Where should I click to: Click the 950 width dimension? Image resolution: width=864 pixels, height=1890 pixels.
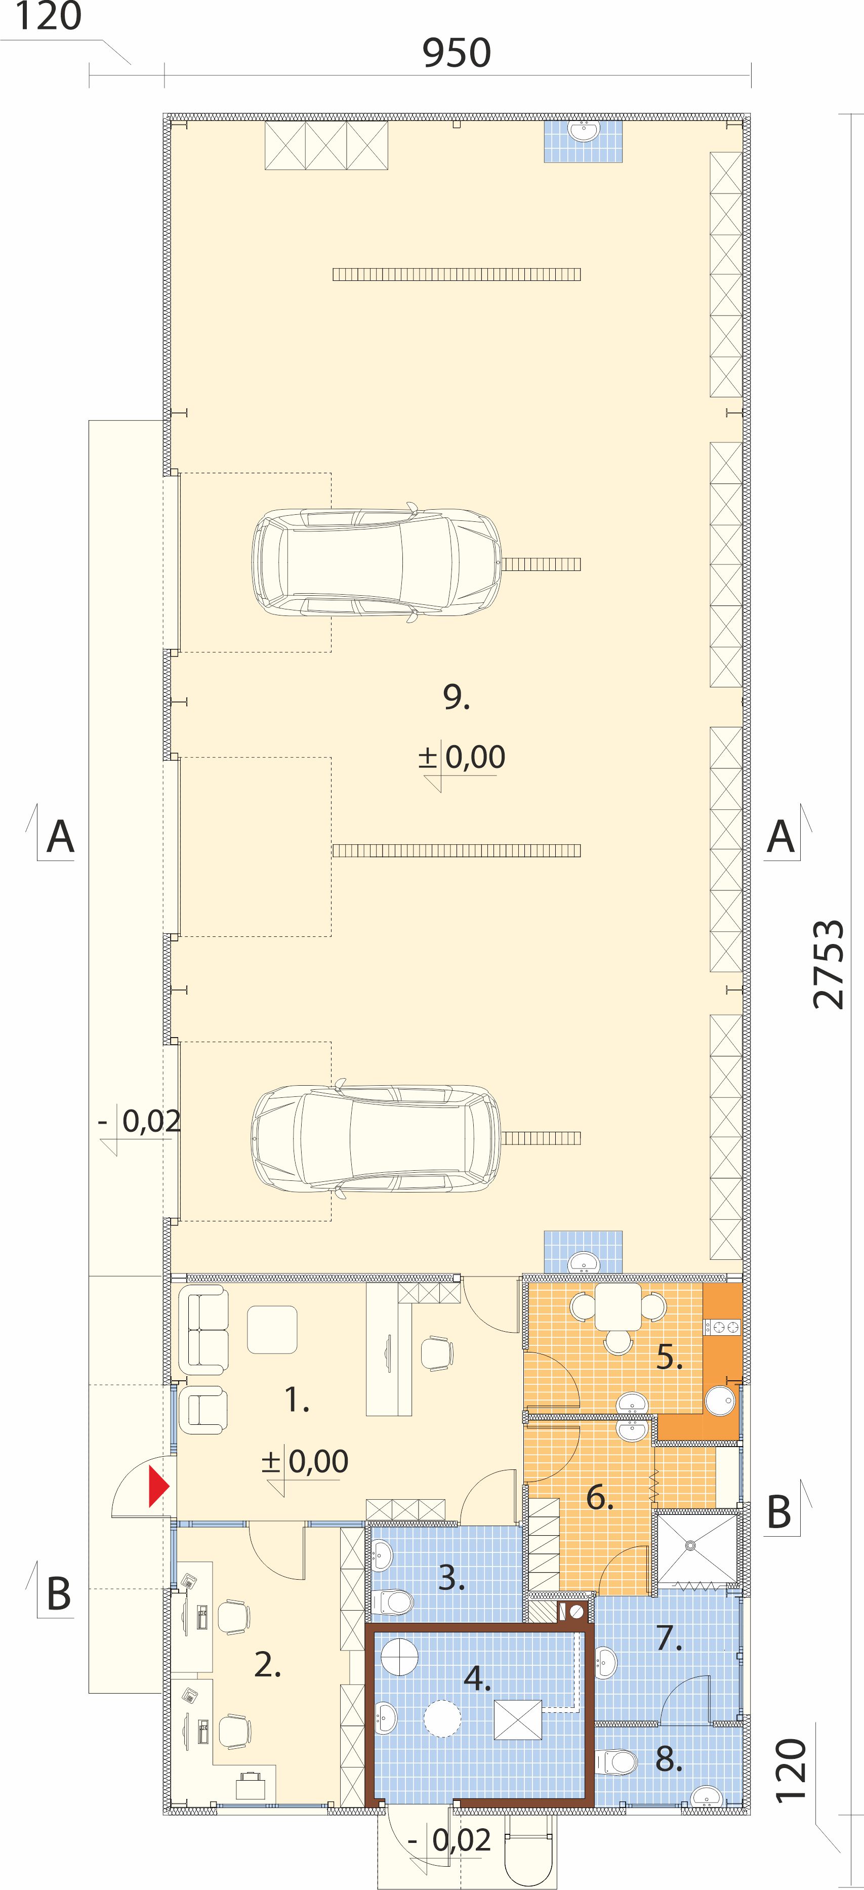pyautogui.click(x=456, y=53)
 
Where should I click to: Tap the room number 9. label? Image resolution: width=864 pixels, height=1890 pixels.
pyautogui.click(x=456, y=696)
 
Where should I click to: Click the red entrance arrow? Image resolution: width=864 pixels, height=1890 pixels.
pyautogui.click(x=159, y=1486)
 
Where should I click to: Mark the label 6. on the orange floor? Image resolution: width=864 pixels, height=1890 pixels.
pyautogui.click(x=599, y=1497)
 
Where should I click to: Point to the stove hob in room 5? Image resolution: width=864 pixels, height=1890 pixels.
pyautogui.click(x=722, y=1327)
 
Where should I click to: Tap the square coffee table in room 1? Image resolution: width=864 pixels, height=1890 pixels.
pyautogui.click(x=272, y=1330)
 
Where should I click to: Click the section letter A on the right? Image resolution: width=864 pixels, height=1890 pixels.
pyautogui.click(x=780, y=837)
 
